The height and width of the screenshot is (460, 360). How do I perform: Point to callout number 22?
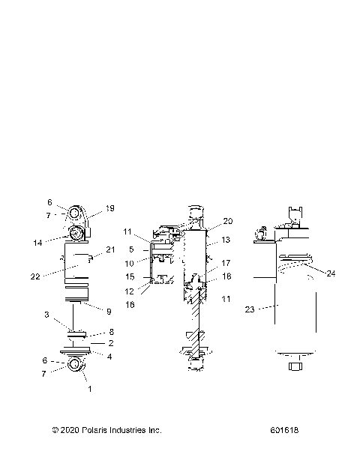(55, 276)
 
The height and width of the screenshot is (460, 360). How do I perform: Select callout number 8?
(111, 332)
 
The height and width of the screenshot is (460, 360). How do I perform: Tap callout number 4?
(111, 356)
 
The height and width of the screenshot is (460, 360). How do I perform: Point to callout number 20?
(228, 221)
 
